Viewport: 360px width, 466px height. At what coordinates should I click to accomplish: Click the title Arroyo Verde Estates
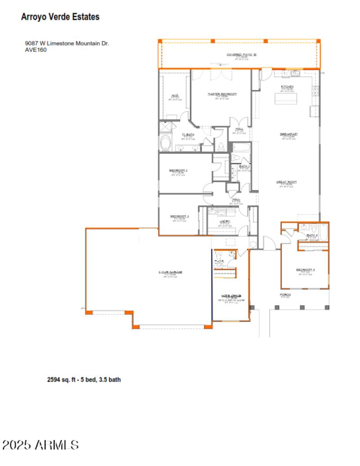tap(60, 17)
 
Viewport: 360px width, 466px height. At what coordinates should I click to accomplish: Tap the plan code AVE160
tap(36, 50)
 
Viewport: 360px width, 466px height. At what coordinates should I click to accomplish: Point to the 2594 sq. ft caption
tap(84, 380)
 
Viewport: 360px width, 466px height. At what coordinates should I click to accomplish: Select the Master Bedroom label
tap(222, 94)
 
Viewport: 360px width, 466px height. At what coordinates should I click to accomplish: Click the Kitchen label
tap(288, 86)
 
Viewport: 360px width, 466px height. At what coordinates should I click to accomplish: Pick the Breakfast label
tap(289, 134)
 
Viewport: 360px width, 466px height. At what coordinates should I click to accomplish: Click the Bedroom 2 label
tap(178, 170)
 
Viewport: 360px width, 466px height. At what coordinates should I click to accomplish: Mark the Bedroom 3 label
tap(179, 217)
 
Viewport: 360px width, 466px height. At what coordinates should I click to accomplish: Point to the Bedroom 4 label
tap(306, 270)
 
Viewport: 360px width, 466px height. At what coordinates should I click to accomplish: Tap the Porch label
tap(285, 295)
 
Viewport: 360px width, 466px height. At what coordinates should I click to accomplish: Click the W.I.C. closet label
tap(175, 95)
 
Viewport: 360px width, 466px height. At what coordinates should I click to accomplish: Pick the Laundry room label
tap(225, 221)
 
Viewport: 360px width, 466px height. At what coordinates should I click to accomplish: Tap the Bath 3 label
tap(312, 235)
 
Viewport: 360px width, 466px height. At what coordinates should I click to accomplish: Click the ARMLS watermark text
tap(41, 445)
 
